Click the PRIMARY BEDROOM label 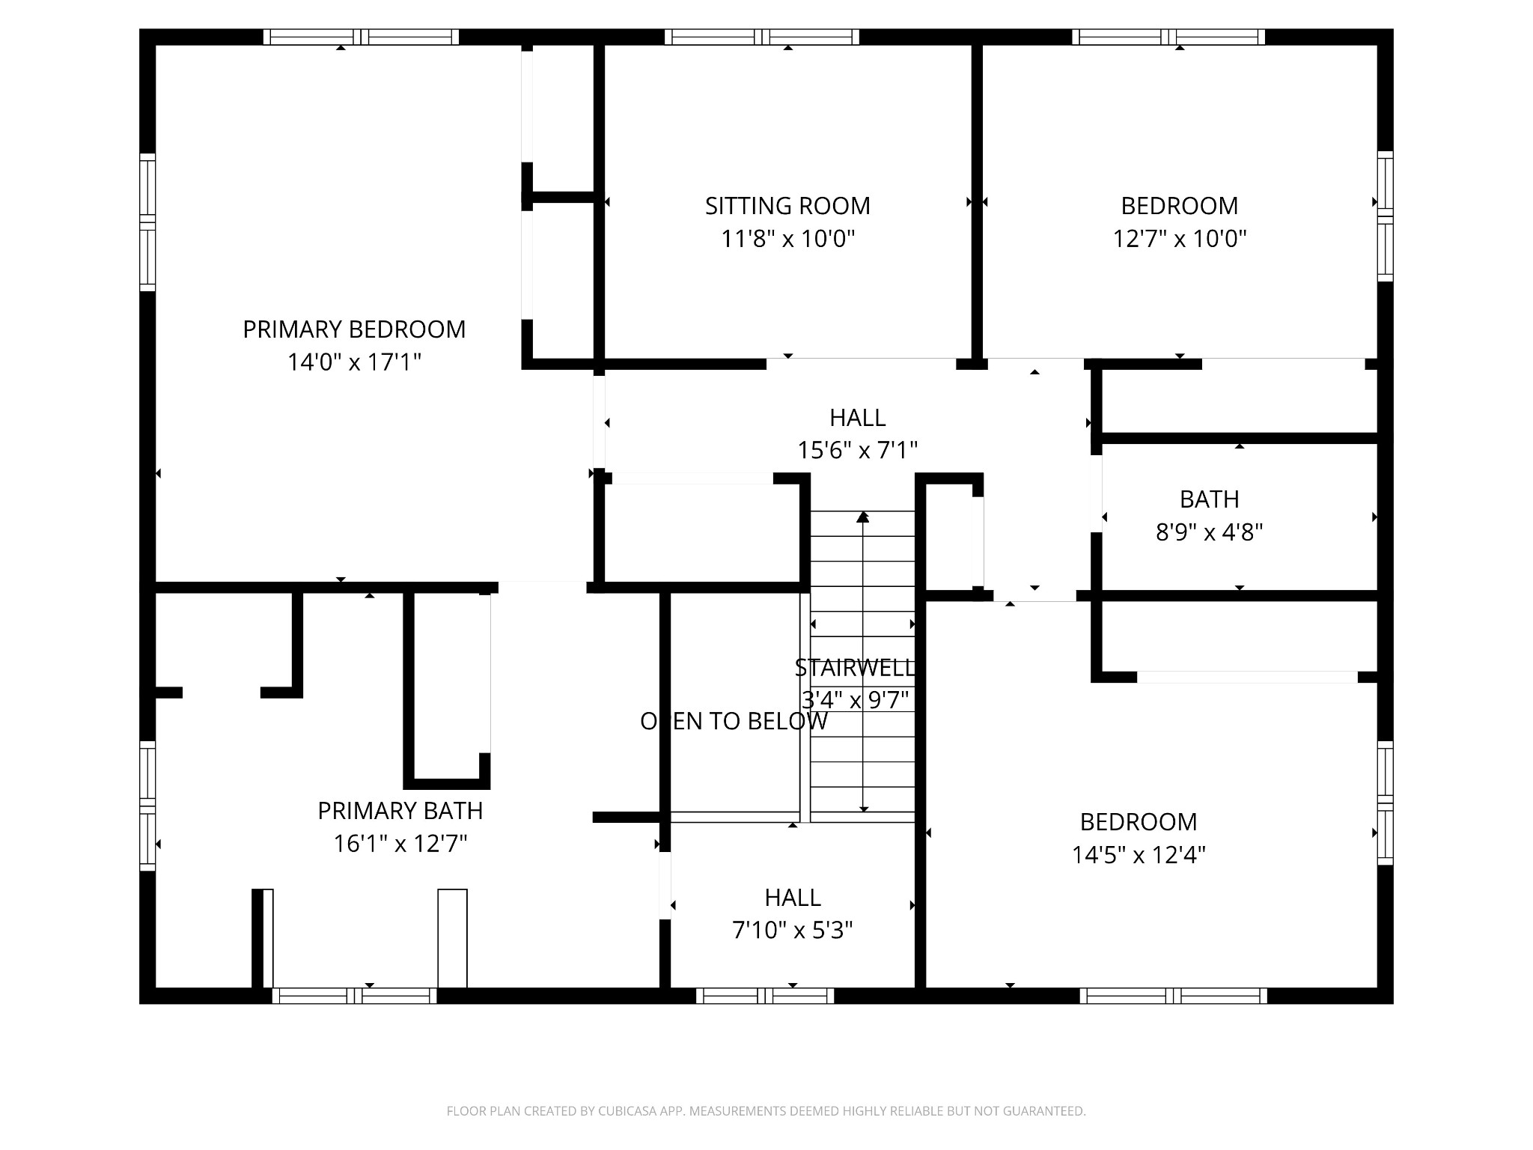[354, 329]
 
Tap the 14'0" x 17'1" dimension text [354, 363]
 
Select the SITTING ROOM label [787, 206]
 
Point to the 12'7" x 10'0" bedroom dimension [1180, 239]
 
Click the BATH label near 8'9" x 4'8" [1209, 499]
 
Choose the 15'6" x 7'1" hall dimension [857, 451]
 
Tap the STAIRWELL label [855, 667]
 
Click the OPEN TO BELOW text [734, 721]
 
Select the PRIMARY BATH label [400, 811]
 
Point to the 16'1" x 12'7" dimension [400, 845]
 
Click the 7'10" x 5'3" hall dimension [793, 931]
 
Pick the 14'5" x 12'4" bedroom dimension [1139, 855]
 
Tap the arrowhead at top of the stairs [863, 517]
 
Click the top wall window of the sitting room [762, 37]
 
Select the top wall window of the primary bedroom [361, 37]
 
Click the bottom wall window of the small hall [764, 996]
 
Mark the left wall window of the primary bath [147, 806]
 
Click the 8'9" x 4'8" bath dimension [1209, 532]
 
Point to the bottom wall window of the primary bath [354, 996]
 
